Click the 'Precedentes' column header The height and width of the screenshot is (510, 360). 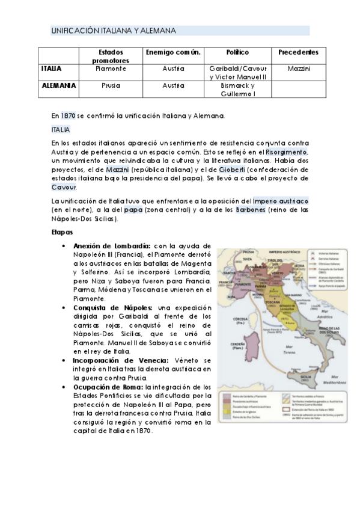298,53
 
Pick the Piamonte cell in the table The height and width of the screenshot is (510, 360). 111,69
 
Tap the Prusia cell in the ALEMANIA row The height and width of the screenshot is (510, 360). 111,85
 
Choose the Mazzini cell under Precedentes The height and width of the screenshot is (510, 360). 298,69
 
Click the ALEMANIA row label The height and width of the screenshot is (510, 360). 58,85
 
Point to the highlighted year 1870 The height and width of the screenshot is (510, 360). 68,115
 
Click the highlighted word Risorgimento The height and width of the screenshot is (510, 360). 287,153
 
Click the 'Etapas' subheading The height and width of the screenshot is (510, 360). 62,232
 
